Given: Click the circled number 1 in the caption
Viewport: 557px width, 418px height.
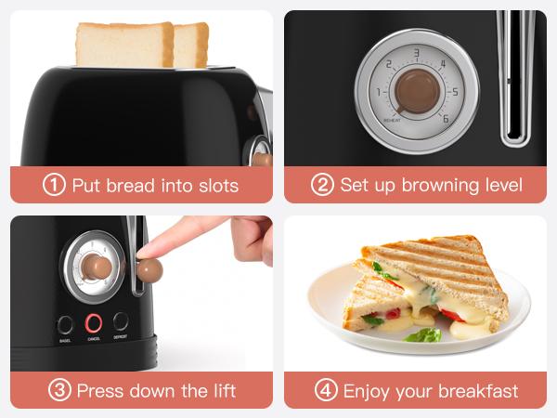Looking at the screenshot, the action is [x=54, y=185].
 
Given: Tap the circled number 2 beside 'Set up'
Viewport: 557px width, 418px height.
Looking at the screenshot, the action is [x=322, y=185].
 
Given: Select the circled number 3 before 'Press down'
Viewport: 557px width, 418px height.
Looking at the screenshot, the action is [x=59, y=390].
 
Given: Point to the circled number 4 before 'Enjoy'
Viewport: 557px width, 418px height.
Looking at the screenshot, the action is [x=326, y=390].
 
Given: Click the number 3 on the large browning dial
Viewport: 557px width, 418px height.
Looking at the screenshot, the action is [x=418, y=53].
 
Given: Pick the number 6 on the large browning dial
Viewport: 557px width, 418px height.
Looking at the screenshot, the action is [x=446, y=119].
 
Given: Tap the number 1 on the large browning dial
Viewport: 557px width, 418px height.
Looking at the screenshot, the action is [x=379, y=92].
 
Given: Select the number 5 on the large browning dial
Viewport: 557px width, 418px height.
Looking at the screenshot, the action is [x=455, y=92].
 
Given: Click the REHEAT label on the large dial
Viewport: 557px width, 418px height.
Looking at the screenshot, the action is [x=392, y=121].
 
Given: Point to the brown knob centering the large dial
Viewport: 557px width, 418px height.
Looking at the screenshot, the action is [x=418, y=91].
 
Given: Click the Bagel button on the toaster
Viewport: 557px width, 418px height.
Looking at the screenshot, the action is [x=65, y=325].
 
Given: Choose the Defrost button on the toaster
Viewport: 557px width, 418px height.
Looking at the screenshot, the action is [x=121, y=321].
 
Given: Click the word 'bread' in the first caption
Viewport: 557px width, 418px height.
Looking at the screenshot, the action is [x=130, y=186].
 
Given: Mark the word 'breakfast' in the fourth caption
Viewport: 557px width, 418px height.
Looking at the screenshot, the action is [x=478, y=391].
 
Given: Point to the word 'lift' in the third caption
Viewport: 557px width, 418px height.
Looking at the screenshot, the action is [x=225, y=391].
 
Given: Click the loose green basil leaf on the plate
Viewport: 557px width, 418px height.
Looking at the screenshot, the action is [x=423, y=334].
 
